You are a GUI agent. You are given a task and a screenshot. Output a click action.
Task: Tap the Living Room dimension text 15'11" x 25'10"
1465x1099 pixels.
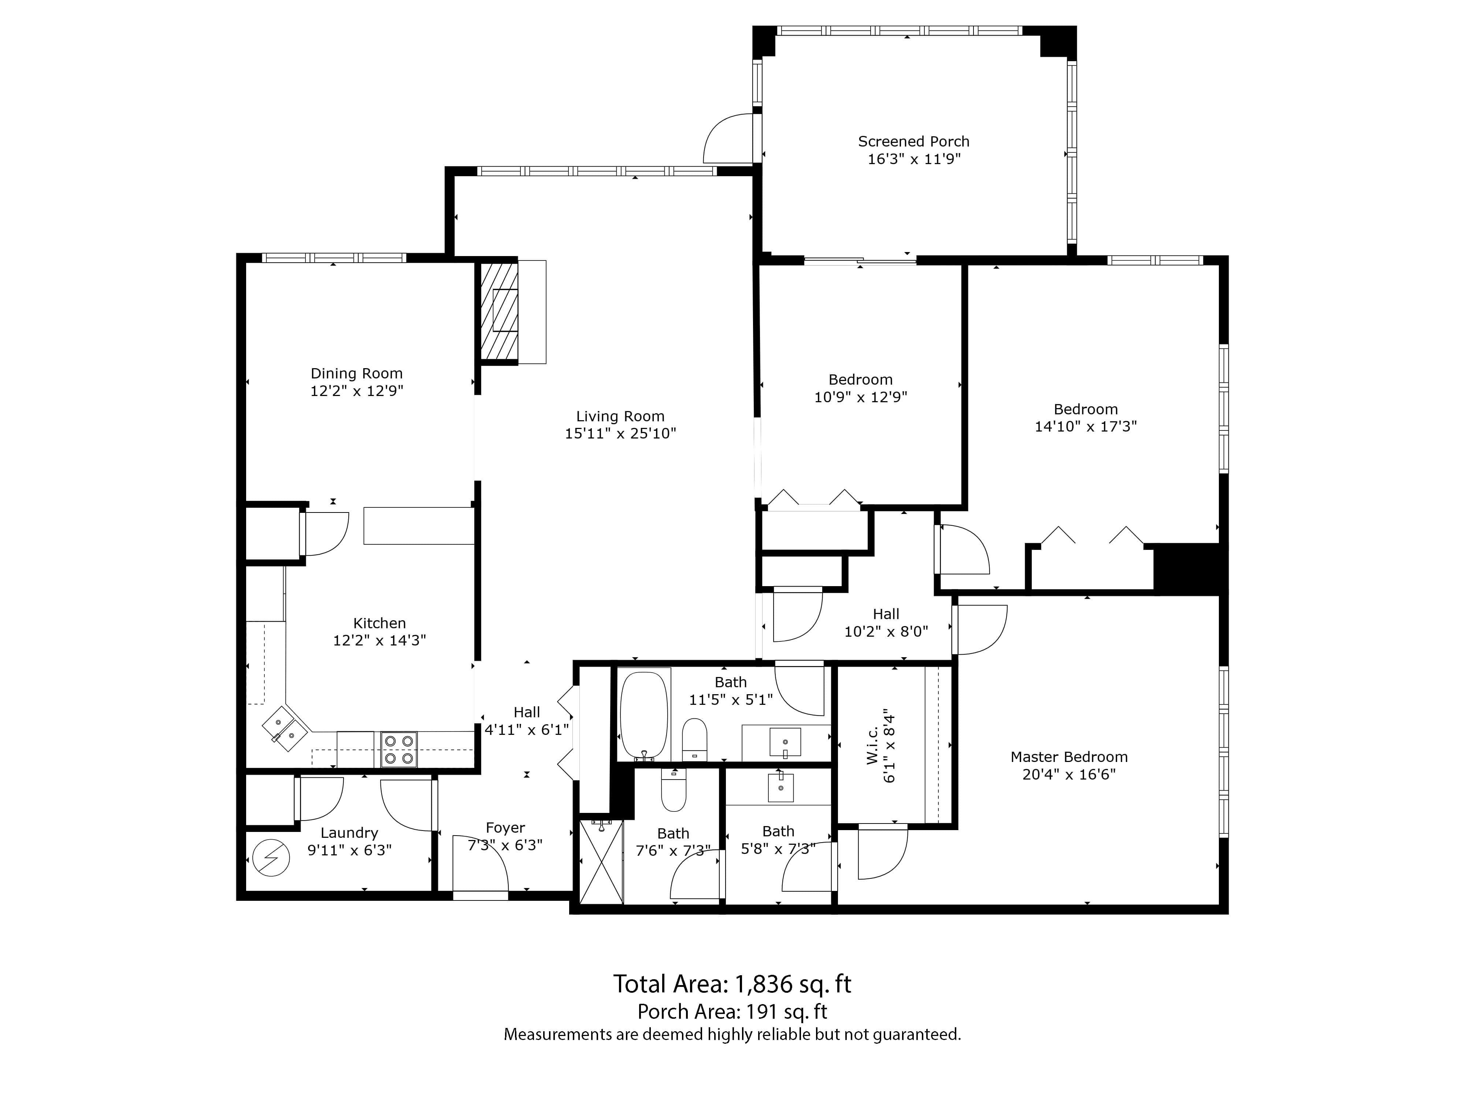[620, 434]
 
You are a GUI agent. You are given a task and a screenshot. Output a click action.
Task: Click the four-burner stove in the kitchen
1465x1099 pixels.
[399, 749]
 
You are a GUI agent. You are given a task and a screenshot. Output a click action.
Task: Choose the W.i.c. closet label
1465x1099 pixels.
[872, 745]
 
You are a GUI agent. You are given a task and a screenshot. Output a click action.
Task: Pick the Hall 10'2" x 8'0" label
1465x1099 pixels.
[886, 623]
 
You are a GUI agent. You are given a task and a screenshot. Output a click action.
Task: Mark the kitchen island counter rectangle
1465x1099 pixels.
[419, 526]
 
